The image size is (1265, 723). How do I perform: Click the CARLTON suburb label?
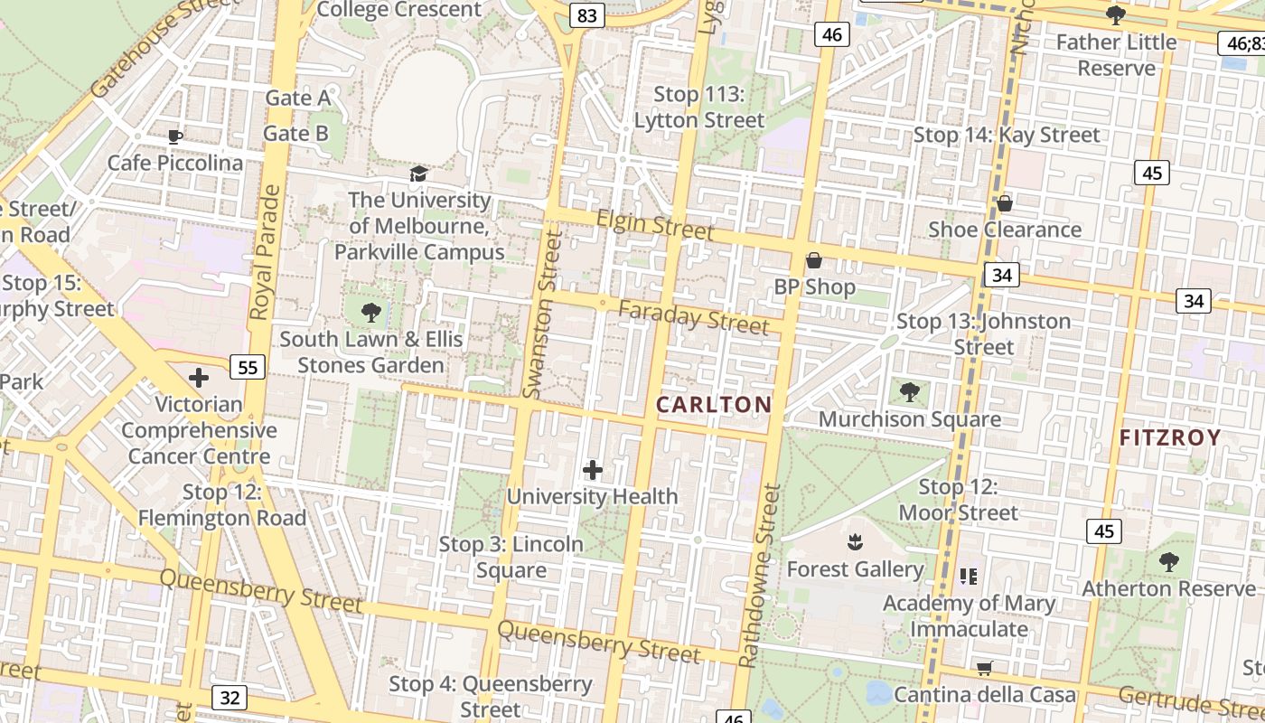pyautogui.click(x=714, y=404)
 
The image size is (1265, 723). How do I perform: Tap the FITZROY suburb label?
pyautogui.click(x=1170, y=438)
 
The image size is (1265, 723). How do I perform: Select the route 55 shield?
pyautogui.click(x=248, y=367)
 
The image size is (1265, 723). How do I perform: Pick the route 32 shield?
pyautogui.click(x=230, y=697)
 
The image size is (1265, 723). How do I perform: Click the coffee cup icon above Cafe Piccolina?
pyautogui.click(x=175, y=136)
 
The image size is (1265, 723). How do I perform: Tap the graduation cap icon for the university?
pyautogui.click(x=418, y=174)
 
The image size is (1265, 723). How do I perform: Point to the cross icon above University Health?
pyautogui.click(x=593, y=470)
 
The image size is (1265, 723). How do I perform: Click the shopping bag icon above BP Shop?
pyautogui.click(x=814, y=260)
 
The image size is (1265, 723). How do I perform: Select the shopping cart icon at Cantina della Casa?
pyautogui.click(x=985, y=669)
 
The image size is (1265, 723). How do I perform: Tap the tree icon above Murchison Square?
pyautogui.click(x=910, y=392)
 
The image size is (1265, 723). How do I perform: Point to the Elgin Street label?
pyautogui.click(x=655, y=224)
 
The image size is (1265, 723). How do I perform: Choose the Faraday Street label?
pyautogui.click(x=694, y=317)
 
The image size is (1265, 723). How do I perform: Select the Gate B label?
pyautogui.click(x=295, y=134)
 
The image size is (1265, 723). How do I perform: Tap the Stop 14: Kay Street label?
pyautogui.click(x=1007, y=136)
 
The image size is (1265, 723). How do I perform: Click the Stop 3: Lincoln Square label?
pyautogui.click(x=511, y=557)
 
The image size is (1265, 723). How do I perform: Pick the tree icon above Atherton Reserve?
pyautogui.click(x=1169, y=562)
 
